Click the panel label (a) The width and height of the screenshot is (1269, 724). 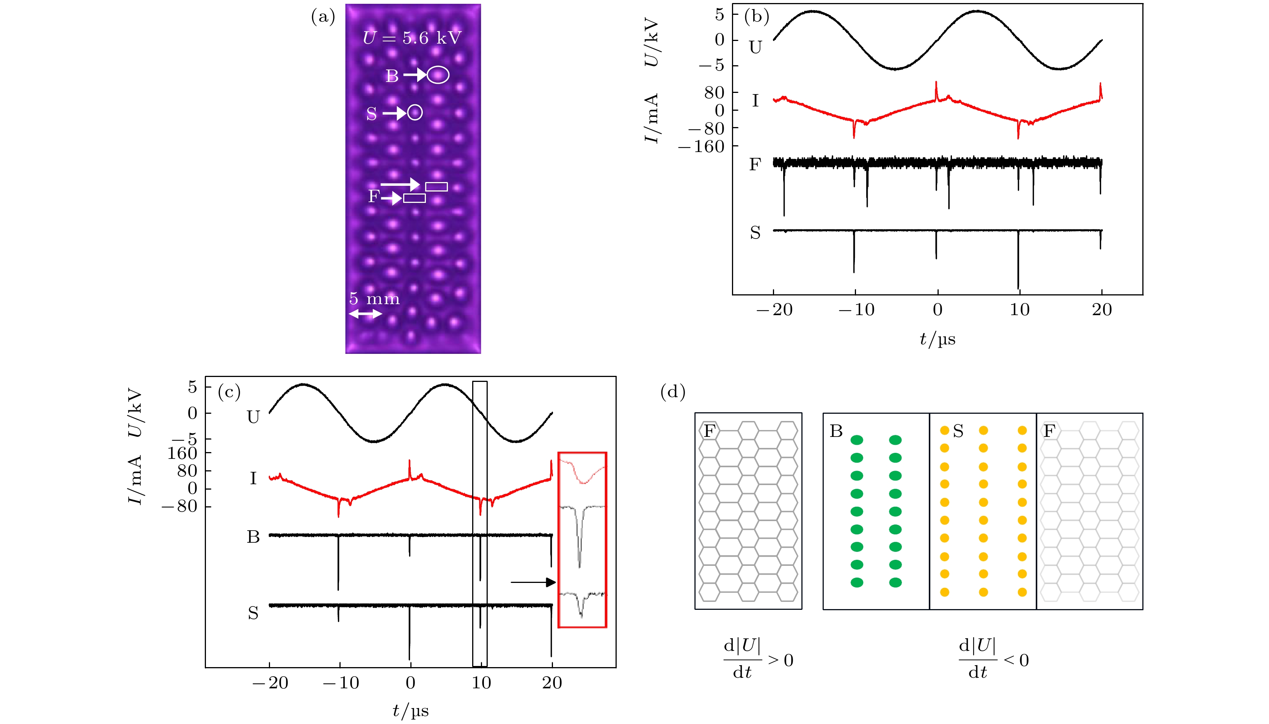(x=323, y=17)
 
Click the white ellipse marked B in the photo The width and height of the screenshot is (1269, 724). (x=438, y=75)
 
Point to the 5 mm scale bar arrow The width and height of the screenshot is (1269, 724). (x=366, y=314)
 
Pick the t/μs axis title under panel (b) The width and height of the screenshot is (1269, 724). (x=937, y=339)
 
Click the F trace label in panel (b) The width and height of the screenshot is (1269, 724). (x=755, y=164)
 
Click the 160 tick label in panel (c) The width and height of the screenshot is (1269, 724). (x=182, y=453)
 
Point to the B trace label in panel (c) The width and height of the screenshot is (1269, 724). (x=253, y=537)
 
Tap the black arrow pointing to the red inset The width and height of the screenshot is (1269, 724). (x=532, y=582)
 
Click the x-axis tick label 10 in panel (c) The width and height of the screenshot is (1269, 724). (x=481, y=683)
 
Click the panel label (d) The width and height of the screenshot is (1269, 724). (x=672, y=392)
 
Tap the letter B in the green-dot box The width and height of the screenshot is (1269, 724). (x=836, y=431)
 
